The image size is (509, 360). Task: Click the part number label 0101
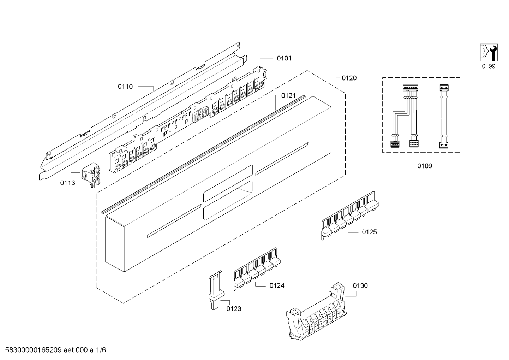(x=284, y=58)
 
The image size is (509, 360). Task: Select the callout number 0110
(x=125, y=87)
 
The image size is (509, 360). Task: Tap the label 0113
(x=67, y=183)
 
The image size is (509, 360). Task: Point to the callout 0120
(x=349, y=78)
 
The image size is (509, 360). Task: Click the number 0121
(x=288, y=95)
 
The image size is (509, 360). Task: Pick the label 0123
(x=234, y=309)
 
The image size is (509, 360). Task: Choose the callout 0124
(x=277, y=285)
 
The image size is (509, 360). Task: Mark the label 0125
(x=369, y=232)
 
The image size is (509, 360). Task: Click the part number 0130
(x=360, y=286)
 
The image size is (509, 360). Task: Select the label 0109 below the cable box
(x=425, y=166)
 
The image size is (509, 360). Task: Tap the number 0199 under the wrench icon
(x=489, y=66)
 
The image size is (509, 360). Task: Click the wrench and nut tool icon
(x=489, y=53)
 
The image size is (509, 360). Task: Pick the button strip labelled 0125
(x=350, y=216)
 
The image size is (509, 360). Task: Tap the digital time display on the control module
(x=200, y=117)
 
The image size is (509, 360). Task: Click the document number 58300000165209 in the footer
(x=34, y=350)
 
